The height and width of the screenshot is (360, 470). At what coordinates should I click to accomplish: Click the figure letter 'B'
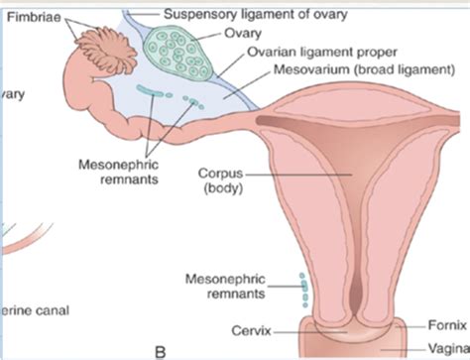pos(158,348)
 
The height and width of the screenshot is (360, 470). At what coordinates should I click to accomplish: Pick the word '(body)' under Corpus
pos(239,186)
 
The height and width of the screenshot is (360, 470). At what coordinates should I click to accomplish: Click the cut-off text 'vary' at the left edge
pos(12,95)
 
